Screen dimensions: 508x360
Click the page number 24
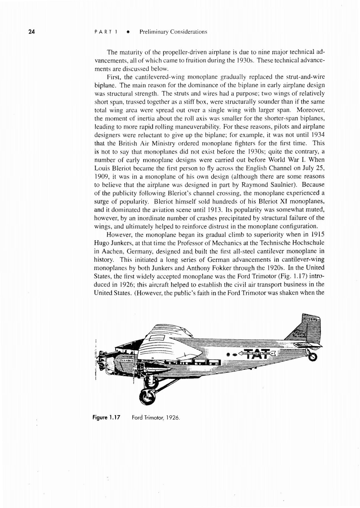[31, 32]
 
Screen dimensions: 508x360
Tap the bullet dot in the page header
[128, 32]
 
